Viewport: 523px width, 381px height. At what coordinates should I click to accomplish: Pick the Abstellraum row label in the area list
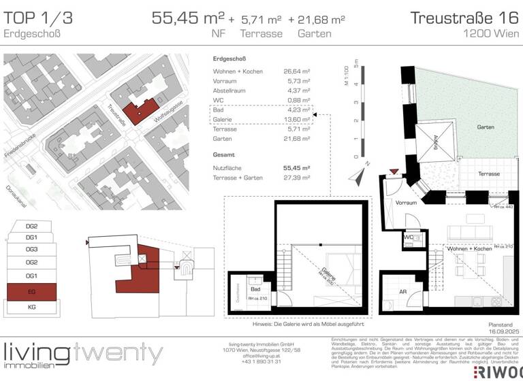[229, 90]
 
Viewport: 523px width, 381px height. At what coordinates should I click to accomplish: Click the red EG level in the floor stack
[31, 293]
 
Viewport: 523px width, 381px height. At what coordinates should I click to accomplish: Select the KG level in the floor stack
[31, 308]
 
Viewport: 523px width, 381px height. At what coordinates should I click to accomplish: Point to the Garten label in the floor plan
[485, 128]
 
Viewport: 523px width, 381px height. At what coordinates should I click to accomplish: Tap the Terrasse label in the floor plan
[488, 174]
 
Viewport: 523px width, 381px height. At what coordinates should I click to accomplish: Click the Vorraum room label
[405, 203]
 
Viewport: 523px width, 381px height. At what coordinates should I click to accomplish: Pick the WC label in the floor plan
[409, 237]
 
